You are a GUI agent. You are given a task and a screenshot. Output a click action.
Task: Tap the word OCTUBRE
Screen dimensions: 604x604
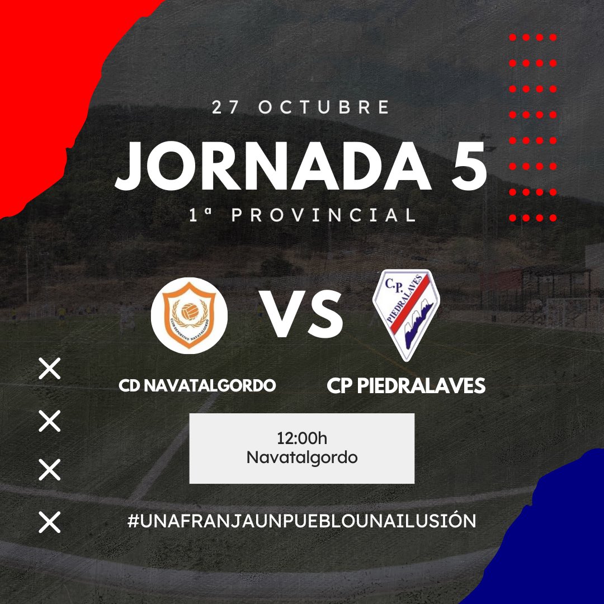pos(324,107)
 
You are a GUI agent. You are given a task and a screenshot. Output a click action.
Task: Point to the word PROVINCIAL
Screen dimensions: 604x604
pos(324,215)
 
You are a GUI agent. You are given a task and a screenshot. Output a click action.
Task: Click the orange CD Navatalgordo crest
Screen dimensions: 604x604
pos(189,315)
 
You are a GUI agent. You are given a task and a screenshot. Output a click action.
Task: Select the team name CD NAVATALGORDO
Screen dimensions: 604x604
pos(197,385)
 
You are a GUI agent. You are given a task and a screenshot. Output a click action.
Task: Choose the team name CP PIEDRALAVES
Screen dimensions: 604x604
pos(406,385)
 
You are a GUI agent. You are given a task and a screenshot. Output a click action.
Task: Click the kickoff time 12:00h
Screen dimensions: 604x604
pos(302,437)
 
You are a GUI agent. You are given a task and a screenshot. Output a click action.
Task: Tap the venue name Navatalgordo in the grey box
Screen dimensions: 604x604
pos(302,457)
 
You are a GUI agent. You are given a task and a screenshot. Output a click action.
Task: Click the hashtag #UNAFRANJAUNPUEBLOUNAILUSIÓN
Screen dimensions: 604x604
pos(301,521)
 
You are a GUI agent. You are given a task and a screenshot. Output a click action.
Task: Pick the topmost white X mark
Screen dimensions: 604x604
pos(49,370)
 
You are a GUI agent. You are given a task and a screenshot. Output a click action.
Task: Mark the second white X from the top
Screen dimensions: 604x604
pos(49,421)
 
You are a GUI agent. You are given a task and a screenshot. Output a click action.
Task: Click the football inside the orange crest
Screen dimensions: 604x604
pos(189,309)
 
